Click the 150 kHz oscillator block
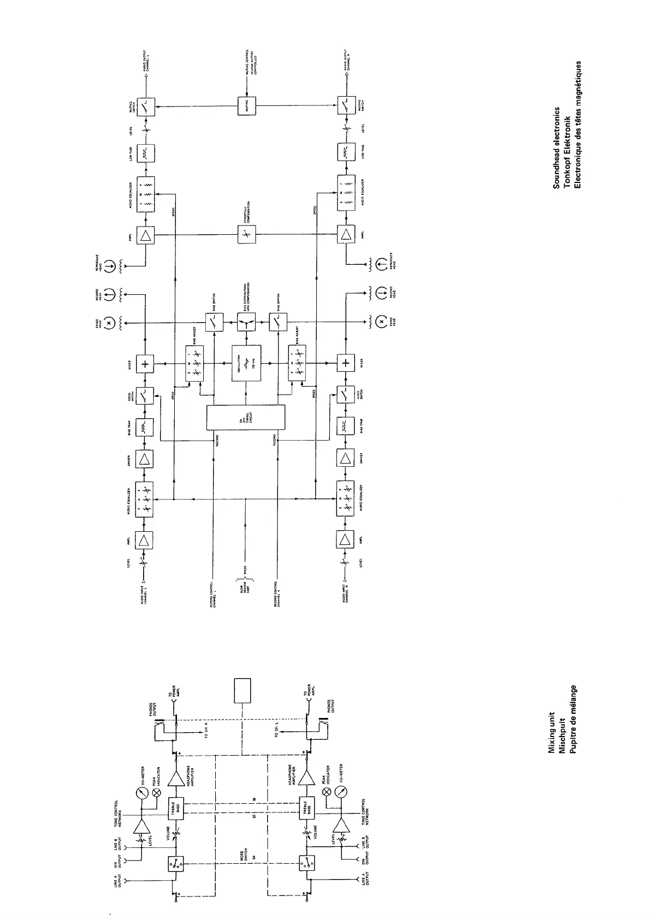pyautogui.click(x=246, y=363)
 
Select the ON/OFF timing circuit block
pyautogui.click(x=246, y=418)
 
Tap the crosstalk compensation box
pyautogui.click(x=246, y=235)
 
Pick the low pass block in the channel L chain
pyautogui.click(x=146, y=153)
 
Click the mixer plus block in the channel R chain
pyautogui.click(x=346, y=363)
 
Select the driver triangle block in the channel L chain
pyautogui.click(x=145, y=459)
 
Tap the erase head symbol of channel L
pyautogui.click(x=109, y=323)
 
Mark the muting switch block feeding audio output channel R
pyautogui.click(x=346, y=106)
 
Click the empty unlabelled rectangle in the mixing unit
pyautogui.click(x=242, y=691)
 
